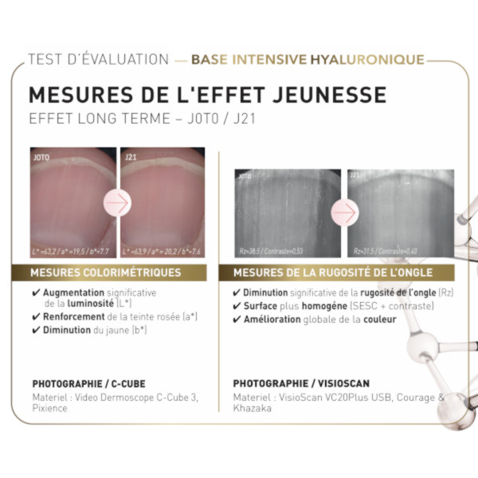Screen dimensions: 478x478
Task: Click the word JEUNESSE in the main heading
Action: (325, 94)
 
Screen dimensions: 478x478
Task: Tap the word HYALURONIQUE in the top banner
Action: (367, 60)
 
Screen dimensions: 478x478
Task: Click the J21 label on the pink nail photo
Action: (131, 158)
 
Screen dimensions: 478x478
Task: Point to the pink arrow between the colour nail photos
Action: (116, 204)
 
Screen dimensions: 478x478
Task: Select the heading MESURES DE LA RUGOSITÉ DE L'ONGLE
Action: (336, 272)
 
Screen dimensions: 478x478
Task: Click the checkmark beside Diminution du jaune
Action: (36, 329)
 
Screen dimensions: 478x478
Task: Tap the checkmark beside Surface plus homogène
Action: (237, 306)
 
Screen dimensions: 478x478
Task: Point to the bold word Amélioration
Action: (272, 319)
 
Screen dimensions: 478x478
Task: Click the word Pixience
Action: (49, 407)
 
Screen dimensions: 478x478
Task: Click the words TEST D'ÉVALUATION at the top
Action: (98, 60)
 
